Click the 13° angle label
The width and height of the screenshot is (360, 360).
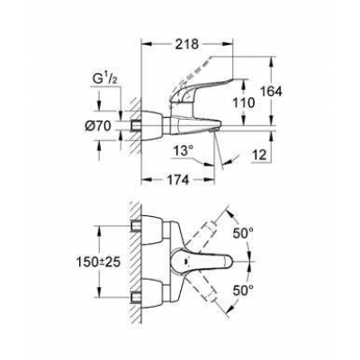coord(184,149)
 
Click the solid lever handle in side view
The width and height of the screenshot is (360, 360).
coord(222,101)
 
